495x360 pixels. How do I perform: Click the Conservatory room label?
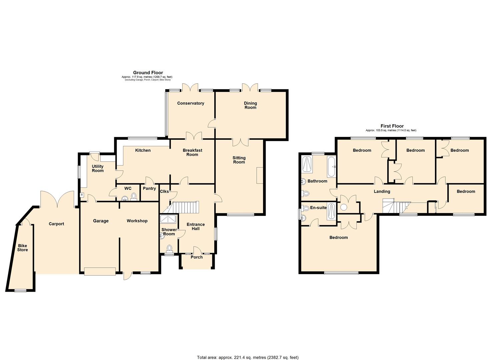tap(190, 103)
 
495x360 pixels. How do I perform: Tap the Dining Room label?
tap(250, 105)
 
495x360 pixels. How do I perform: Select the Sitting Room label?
tap(239, 160)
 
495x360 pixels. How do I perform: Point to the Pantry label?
tap(149, 189)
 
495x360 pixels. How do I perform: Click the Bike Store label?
tap(23, 248)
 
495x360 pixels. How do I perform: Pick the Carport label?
tap(56, 224)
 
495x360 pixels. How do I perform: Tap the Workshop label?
tap(137, 221)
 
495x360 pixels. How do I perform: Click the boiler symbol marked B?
tap(82, 195)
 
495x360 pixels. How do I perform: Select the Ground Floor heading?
tap(148, 73)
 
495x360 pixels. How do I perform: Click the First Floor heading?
tap(392, 126)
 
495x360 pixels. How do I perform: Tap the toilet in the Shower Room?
tap(170, 248)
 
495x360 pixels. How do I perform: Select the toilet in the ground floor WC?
tap(134, 196)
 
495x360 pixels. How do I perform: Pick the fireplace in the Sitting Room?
tap(260, 175)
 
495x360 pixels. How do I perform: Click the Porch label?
tap(197, 257)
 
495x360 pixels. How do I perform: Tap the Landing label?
tap(382, 192)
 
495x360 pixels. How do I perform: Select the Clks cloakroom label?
tap(164, 192)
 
